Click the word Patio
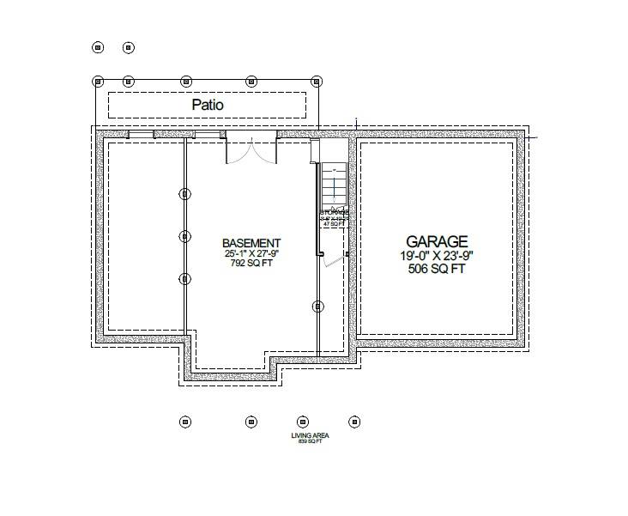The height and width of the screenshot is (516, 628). click(x=207, y=105)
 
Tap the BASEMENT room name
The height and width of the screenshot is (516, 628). click(x=251, y=243)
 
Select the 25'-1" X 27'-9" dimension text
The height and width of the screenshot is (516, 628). click(x=251, y=254)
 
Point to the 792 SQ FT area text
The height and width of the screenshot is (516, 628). click(x=251, y=264)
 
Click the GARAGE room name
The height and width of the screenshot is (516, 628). click(x=438, y=242)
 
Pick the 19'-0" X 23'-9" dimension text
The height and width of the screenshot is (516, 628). click(x=438, y=256)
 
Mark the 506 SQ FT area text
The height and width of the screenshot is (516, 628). click(x=438, y=270)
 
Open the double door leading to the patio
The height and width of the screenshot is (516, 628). click(x=251, y=151)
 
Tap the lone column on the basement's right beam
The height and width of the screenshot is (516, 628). click(x=318, y=306)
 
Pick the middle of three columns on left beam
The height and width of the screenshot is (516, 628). click(x=184, y=235)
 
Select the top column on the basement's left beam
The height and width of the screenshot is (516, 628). click(x=184, y=193)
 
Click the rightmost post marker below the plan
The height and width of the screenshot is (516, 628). click(x=353, y=422)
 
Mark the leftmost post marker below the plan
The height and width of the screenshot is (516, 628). click(x=184, y=422)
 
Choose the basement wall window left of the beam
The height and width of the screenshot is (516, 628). click(x=142, y=135)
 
